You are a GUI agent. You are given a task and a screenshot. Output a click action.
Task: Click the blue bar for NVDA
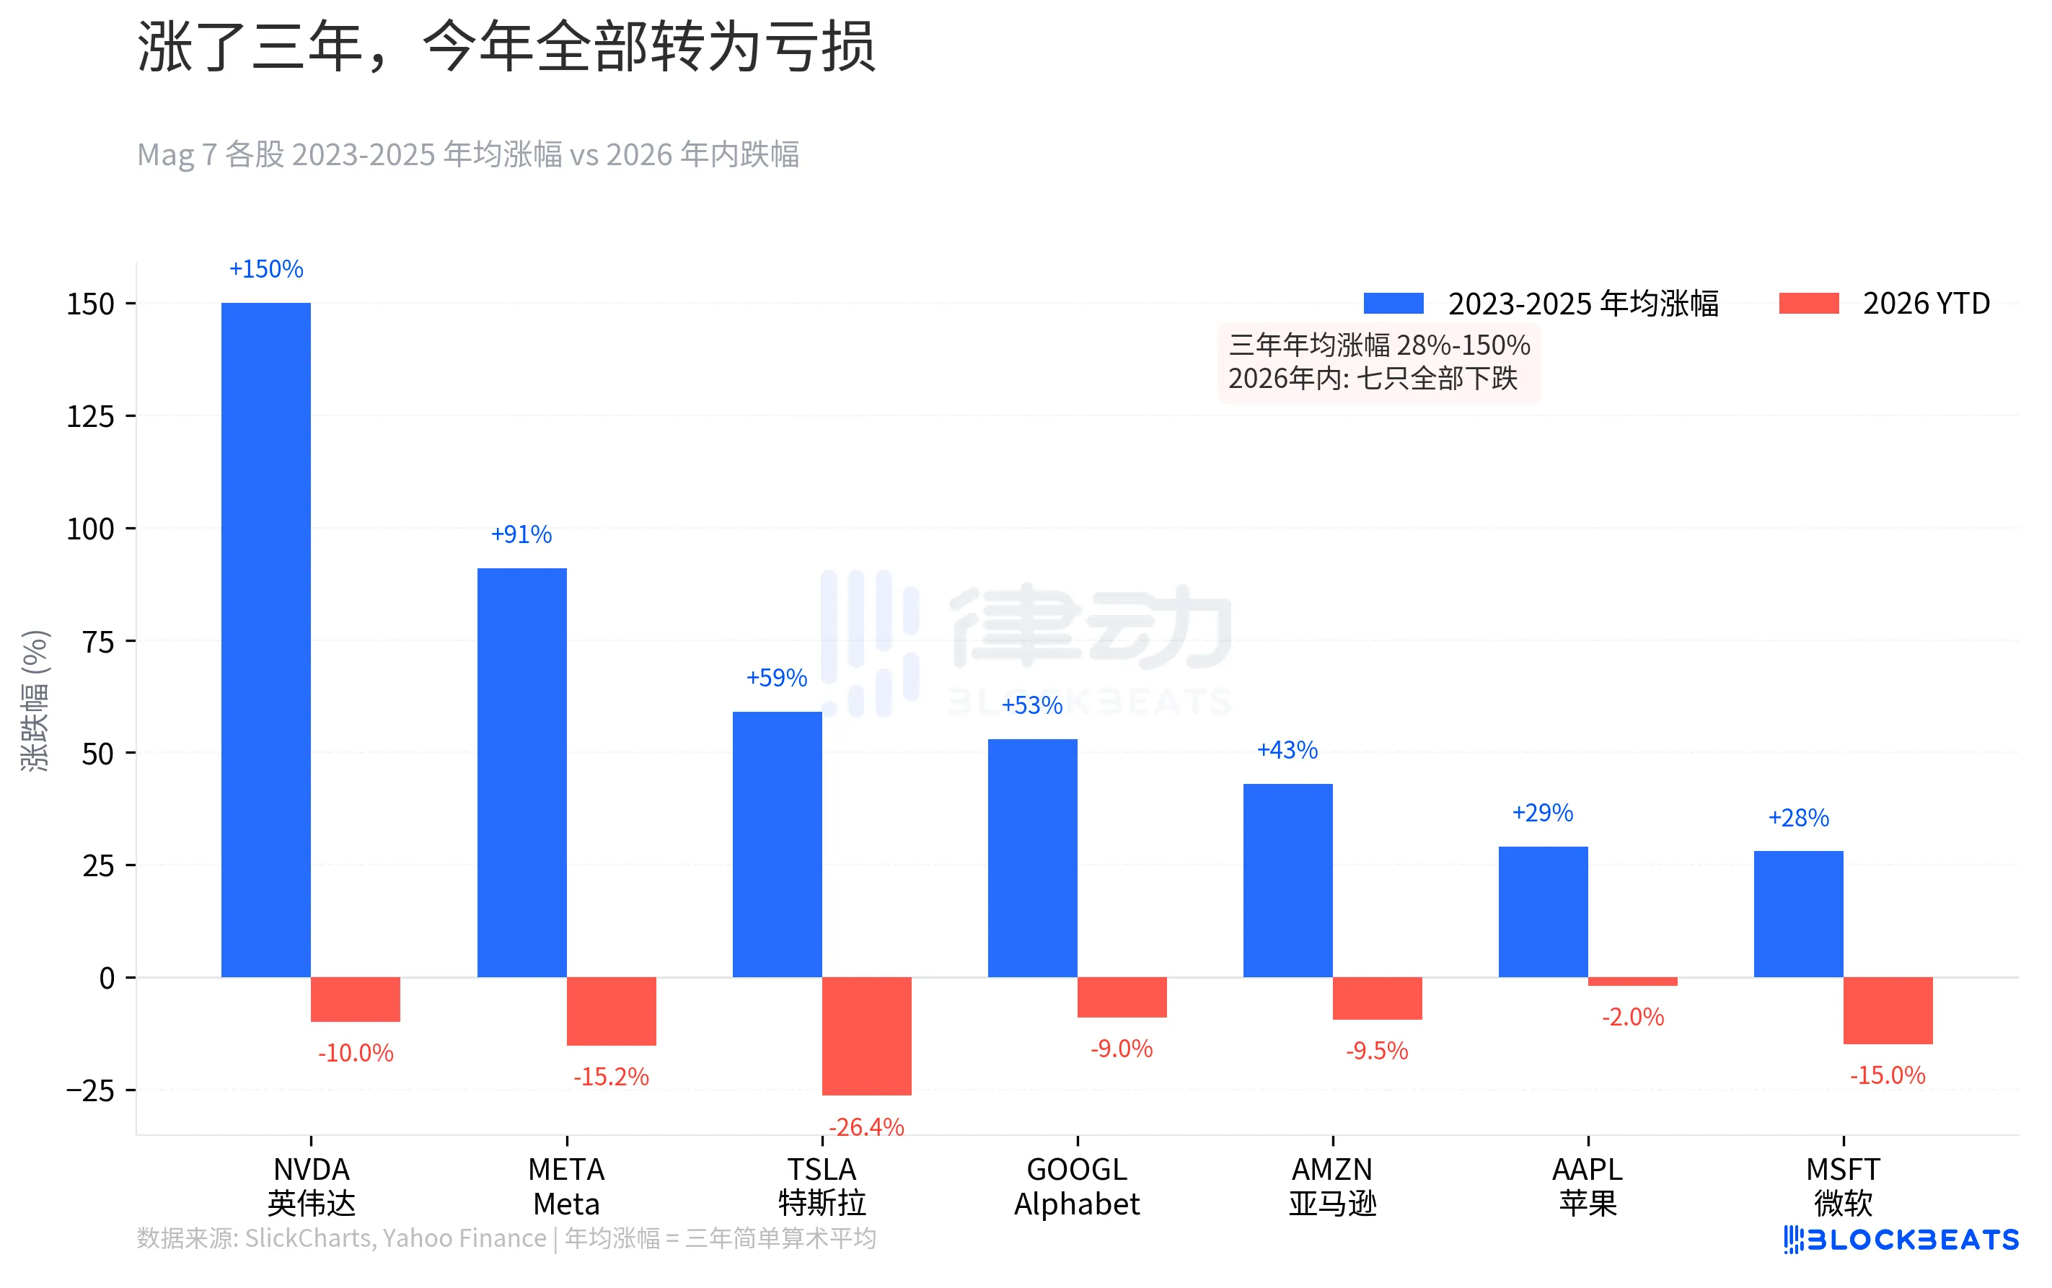265,639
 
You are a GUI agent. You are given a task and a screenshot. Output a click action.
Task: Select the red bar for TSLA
866,1035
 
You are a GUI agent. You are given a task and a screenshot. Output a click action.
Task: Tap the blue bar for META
521,772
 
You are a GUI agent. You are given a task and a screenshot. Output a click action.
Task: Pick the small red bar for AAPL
1632,982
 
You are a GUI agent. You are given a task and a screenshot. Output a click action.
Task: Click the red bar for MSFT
1887,1010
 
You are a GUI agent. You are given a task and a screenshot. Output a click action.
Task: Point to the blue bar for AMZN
1287,879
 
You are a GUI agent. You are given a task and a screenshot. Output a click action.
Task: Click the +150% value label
265,269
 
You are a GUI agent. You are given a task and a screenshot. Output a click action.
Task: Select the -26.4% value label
866,1126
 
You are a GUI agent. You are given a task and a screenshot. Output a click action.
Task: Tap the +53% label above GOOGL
1031,705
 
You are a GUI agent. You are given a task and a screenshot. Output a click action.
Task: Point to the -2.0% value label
1632,1016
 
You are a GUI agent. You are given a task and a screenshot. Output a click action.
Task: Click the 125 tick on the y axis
90,417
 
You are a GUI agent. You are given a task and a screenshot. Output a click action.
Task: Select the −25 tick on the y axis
90,1090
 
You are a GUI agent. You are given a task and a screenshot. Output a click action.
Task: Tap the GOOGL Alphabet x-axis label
1077,1186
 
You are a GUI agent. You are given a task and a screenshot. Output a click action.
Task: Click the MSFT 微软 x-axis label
1842,1186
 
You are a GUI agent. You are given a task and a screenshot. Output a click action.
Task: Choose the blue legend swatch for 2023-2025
1393,304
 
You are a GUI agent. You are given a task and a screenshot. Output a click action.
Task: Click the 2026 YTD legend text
1926,304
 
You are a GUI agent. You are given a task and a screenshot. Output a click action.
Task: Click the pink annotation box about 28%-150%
1378,362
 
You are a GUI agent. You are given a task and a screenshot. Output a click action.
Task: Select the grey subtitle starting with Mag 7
467,155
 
